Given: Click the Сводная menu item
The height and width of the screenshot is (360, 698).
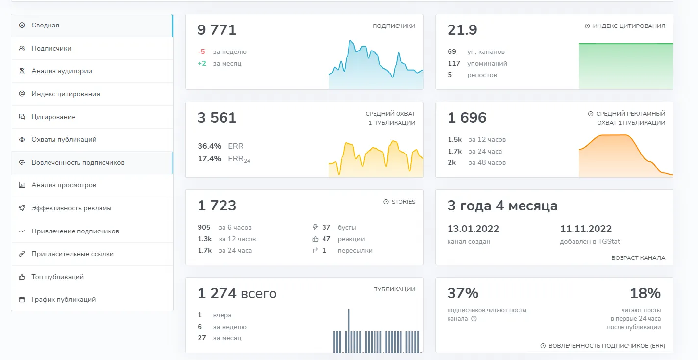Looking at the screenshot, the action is click(x=45, y=25).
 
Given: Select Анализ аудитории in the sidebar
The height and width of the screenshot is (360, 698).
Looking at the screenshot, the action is click(x=62, y=71).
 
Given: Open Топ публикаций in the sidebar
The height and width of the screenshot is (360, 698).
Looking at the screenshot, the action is click(x=57, y=277).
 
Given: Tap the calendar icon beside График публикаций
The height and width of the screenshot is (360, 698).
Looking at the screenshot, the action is click(x=22, y=300).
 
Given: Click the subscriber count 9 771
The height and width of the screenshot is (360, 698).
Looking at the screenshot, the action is click(x=217, y=30).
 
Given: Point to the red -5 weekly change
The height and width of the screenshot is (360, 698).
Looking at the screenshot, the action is click(x=201, y=51).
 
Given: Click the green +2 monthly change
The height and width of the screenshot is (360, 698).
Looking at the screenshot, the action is click(x=202, y=64).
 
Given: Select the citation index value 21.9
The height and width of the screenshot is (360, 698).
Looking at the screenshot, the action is click(x=462, y=30).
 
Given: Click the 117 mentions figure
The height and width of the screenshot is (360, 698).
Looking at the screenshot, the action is click(x=454, y=64).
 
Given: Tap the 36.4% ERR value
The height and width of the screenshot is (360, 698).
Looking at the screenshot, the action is click(x=209, y=146).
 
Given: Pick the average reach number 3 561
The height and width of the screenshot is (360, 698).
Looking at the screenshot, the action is click(x=217, y=118).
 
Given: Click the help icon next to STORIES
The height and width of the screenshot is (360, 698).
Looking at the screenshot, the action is click(x=386, y=202).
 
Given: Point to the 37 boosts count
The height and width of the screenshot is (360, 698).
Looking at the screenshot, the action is click(x=326, y=227).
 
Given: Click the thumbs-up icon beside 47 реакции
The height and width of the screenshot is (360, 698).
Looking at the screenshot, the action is click(x=315, y=239).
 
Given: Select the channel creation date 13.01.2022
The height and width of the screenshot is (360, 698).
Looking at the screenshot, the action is click(x=473, y=229).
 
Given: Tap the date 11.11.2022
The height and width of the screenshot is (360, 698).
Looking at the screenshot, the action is click(x=586, y=229).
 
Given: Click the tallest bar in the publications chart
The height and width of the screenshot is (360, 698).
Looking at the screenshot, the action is click(x=349, y=331).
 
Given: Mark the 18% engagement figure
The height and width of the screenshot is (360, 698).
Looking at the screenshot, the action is click(x=645, y=293).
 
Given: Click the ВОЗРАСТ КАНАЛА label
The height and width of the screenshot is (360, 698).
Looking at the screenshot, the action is click(x=638, y=258).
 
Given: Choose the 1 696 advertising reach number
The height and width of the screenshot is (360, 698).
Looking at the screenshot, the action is click(x=467, y=118).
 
